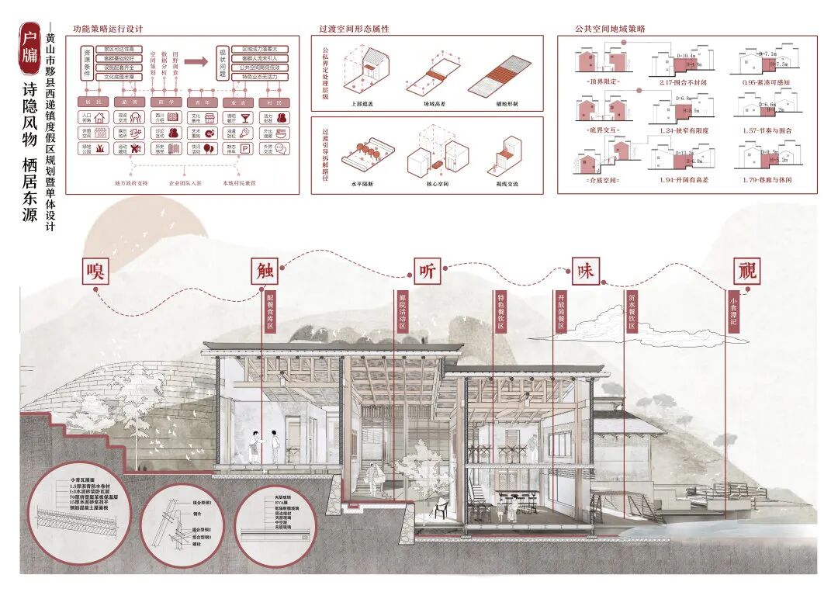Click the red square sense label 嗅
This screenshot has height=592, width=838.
tap(95, 270)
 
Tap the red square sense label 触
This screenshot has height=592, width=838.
tap(263, 270)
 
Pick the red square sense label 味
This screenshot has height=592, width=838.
tap(584, 270)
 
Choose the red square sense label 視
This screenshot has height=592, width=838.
tap(746, 270)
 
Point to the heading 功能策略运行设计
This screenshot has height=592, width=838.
tap(108, 29)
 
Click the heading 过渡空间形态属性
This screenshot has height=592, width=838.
tap(354, 29)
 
